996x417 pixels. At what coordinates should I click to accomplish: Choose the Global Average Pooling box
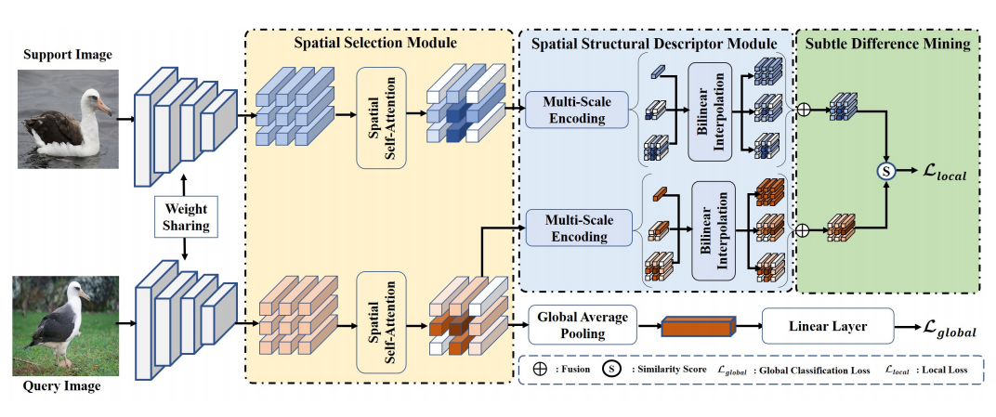582,325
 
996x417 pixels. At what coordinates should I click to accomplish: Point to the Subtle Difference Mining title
889,43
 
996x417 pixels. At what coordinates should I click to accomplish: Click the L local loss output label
944,171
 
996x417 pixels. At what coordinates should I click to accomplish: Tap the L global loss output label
950,326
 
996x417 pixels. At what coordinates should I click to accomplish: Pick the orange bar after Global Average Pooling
697,326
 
